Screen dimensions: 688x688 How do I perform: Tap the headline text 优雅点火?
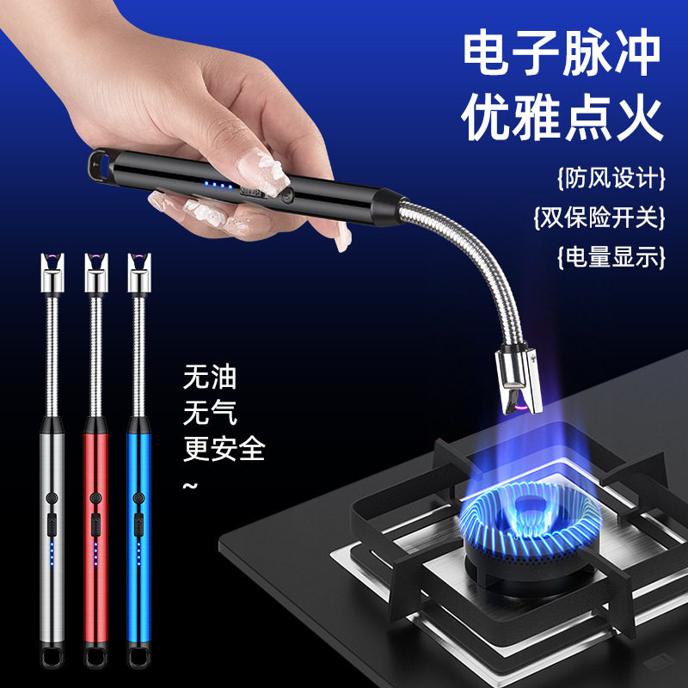click(563, 120)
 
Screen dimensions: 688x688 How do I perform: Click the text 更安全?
click(224, 448)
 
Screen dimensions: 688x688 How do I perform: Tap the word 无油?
click(210, 377)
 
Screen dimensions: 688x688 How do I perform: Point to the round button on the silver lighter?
click(52, 496)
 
